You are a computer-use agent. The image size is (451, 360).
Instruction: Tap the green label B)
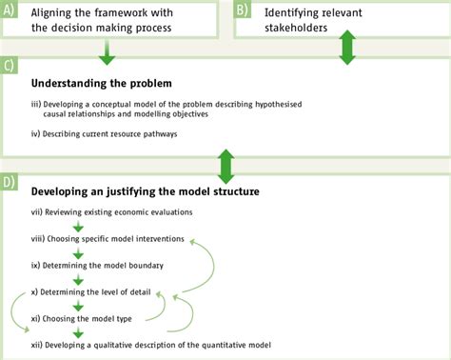(x=243, y=10)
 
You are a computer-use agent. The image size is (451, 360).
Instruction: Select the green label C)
(x=9, y=66)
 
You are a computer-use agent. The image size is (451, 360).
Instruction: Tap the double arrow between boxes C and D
(x=225, y=165)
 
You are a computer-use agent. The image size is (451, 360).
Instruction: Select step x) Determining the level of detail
(x=104, y=292)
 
